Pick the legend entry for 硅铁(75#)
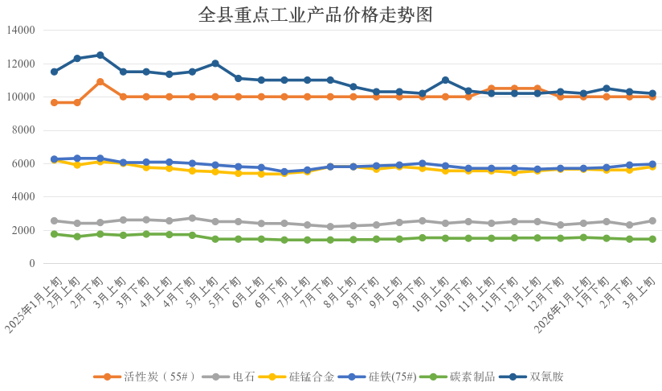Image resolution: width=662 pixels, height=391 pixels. tap(377, 377)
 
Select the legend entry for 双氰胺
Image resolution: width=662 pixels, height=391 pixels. tap(531, 377)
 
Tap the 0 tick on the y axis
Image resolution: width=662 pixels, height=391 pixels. tap(32, 264)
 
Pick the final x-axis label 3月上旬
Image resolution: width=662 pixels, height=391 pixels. tap(642, 286)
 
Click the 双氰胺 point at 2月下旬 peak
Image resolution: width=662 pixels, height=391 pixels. tap(100, 55)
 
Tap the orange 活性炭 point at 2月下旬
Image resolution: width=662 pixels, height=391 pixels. tap(100, 81)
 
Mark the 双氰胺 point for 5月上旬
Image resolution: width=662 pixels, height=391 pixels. tap(215, 64)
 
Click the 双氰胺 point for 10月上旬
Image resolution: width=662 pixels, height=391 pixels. tap(445, 80)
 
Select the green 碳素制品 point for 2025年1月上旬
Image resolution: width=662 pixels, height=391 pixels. tap(54, 234)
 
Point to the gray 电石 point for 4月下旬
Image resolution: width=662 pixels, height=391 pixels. tap(192, 218)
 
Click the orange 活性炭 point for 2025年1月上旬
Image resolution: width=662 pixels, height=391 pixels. tap(54, 102)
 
